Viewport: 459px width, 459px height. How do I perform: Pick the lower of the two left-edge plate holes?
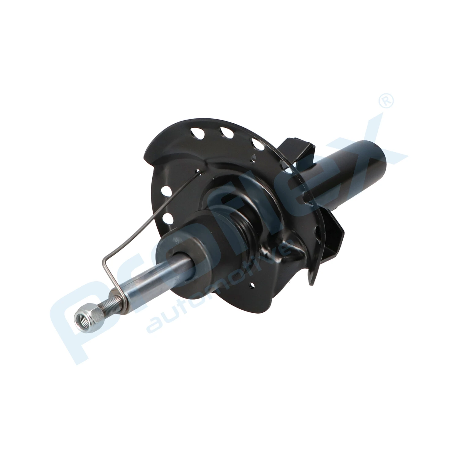[167, 218]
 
